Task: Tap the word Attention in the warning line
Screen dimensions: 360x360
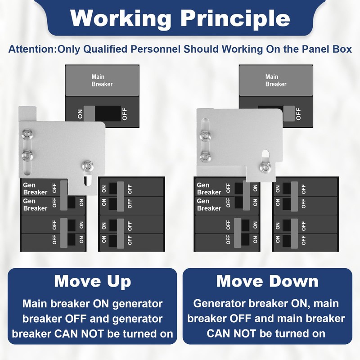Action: tap(31, 49)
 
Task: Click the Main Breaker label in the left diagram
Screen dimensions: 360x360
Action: tap(102, 81)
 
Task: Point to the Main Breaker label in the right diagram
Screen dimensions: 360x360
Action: tap(275, 81)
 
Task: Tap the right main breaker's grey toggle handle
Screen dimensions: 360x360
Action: tap(289, 114)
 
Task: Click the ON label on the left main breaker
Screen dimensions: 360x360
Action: tap(80, 114)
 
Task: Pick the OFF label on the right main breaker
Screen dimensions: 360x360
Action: tap(298, 114)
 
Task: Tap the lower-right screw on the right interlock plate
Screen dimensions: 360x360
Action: tap(265, 168)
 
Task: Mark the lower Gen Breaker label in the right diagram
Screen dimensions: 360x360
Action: tap(209, 205)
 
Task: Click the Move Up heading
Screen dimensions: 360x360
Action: tap(92, 281)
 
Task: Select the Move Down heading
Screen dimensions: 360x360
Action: tap(267, 281)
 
